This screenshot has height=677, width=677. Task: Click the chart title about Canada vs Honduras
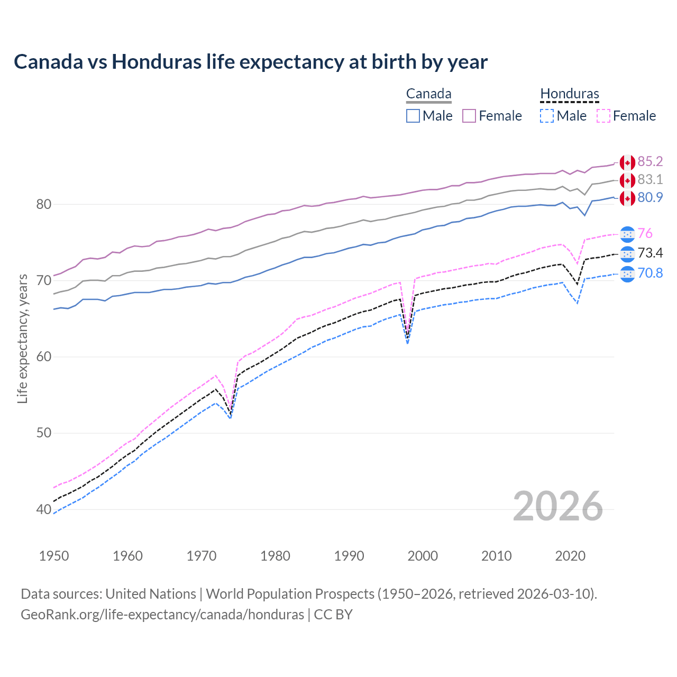(251, 62)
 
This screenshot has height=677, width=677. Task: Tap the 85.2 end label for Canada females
(650, 162)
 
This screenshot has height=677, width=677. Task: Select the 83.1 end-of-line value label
(650, 180)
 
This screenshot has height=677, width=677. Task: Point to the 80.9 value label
(650, 198)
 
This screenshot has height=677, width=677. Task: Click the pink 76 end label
(645, 234)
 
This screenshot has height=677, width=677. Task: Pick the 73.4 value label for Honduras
(650, 253)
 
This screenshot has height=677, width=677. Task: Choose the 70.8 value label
(650, 273)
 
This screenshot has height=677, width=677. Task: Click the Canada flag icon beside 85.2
(627, 162)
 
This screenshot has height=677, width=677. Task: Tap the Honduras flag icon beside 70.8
(627, 274)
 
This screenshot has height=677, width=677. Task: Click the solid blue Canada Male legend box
(413, 116)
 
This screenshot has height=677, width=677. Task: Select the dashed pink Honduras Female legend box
(603, 116)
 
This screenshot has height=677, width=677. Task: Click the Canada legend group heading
(428, 94)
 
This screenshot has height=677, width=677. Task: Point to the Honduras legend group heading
(570, 94)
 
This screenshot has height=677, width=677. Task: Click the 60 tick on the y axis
(43, 357)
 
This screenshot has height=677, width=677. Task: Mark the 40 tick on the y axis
(43, 510)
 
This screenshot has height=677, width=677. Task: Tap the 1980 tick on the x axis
(275, 556)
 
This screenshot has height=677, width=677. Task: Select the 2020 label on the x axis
(570, 556)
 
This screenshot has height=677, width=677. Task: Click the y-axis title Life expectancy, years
(22, 338)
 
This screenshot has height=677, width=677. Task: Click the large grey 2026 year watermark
(558, 506)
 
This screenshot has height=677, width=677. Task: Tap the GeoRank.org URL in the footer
(162, 615)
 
